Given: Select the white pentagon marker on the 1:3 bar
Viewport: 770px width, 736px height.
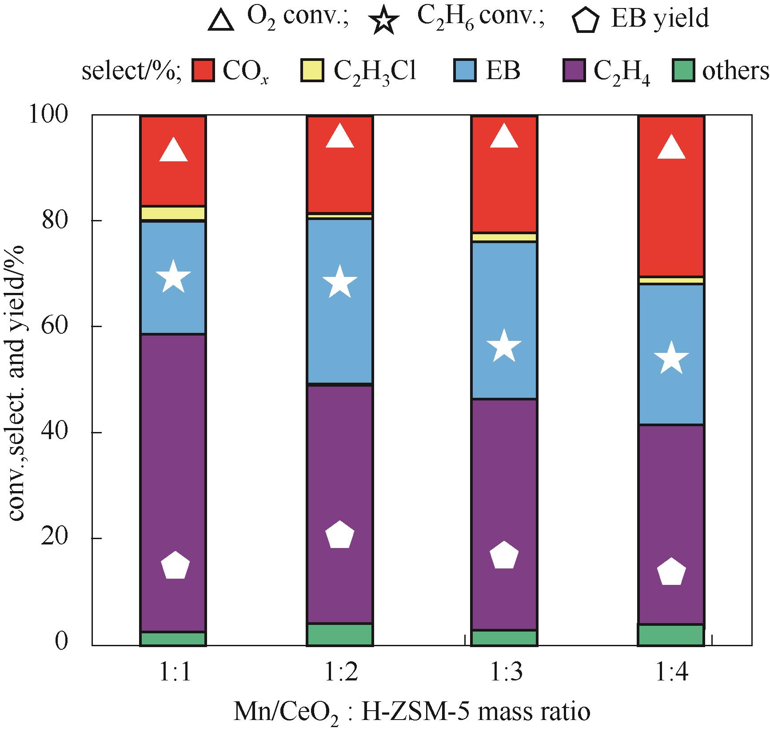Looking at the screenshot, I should point(504,556).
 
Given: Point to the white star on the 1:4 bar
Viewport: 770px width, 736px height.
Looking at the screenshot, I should point(671,358).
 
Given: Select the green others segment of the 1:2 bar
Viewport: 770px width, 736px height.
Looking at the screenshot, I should point(339,634).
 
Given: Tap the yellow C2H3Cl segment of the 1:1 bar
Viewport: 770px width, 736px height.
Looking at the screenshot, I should point(173,213).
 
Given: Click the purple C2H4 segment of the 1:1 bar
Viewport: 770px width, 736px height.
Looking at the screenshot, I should point(173,444).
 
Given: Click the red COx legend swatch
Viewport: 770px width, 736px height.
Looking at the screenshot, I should point(203,71).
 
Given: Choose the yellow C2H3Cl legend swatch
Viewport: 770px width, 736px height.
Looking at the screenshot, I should point(312,71).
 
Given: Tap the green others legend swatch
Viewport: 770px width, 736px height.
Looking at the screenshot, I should point(683,71).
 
